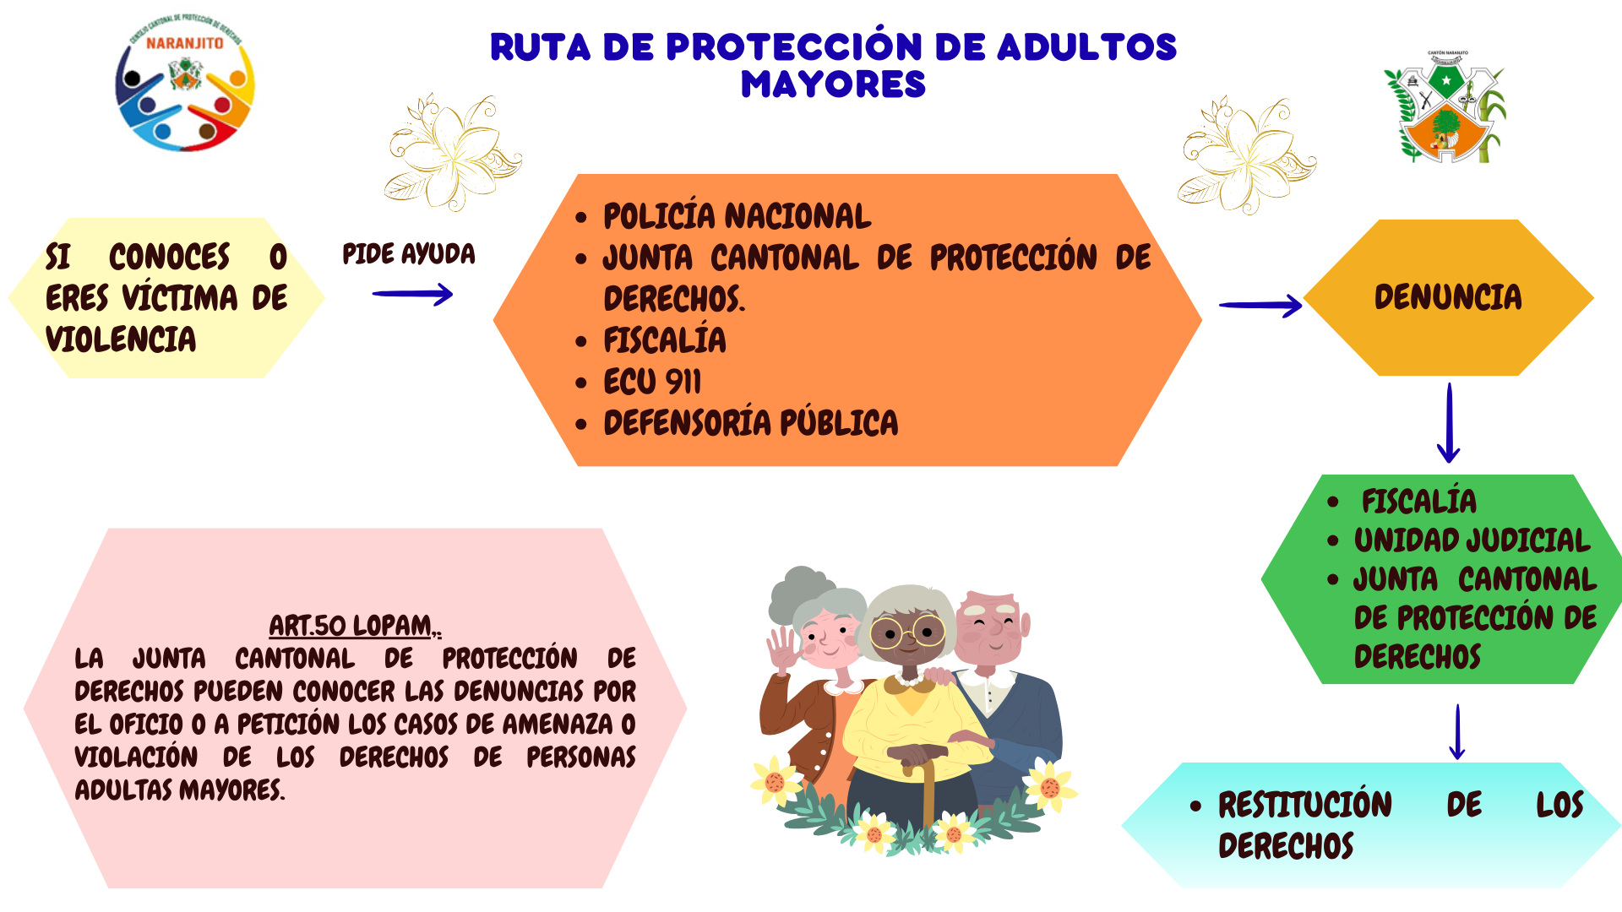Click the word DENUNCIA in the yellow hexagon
(x=1448, y=297)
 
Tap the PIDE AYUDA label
(x=409, y=253)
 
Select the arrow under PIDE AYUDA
(x=412, y=294)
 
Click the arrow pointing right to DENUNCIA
(x=1260, y=305)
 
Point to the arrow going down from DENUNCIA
(x=1449, y=422)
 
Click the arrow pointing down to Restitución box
(x=1457, y=732)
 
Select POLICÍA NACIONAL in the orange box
(x=737, y=216)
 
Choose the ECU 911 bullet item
(x=652, y=382)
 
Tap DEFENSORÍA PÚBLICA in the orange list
(x=750, y=423)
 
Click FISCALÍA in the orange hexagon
(x=665, y=340)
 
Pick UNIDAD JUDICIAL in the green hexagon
(x=1472, y=540)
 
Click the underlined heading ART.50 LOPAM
(x=355, y=626)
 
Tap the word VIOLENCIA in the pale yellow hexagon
(x=121, y=339)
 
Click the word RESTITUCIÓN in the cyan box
(x=1305, y=805)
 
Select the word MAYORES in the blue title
(x=833, y=84)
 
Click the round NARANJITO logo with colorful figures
(x=186, y=84)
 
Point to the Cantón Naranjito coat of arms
(x=1445, y=108)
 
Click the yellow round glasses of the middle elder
(x=907, y=632)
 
